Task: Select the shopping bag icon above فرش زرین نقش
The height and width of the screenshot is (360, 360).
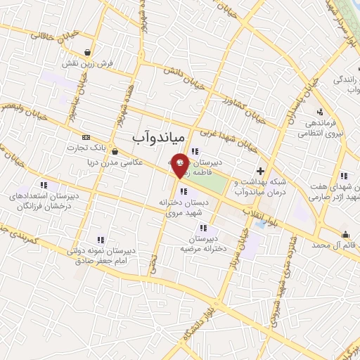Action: pos(87,52)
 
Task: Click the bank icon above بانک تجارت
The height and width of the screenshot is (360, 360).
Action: pos(86,136)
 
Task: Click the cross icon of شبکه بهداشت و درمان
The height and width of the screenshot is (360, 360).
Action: pos(260,170)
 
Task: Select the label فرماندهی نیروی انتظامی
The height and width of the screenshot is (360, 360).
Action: pos(320,127)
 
